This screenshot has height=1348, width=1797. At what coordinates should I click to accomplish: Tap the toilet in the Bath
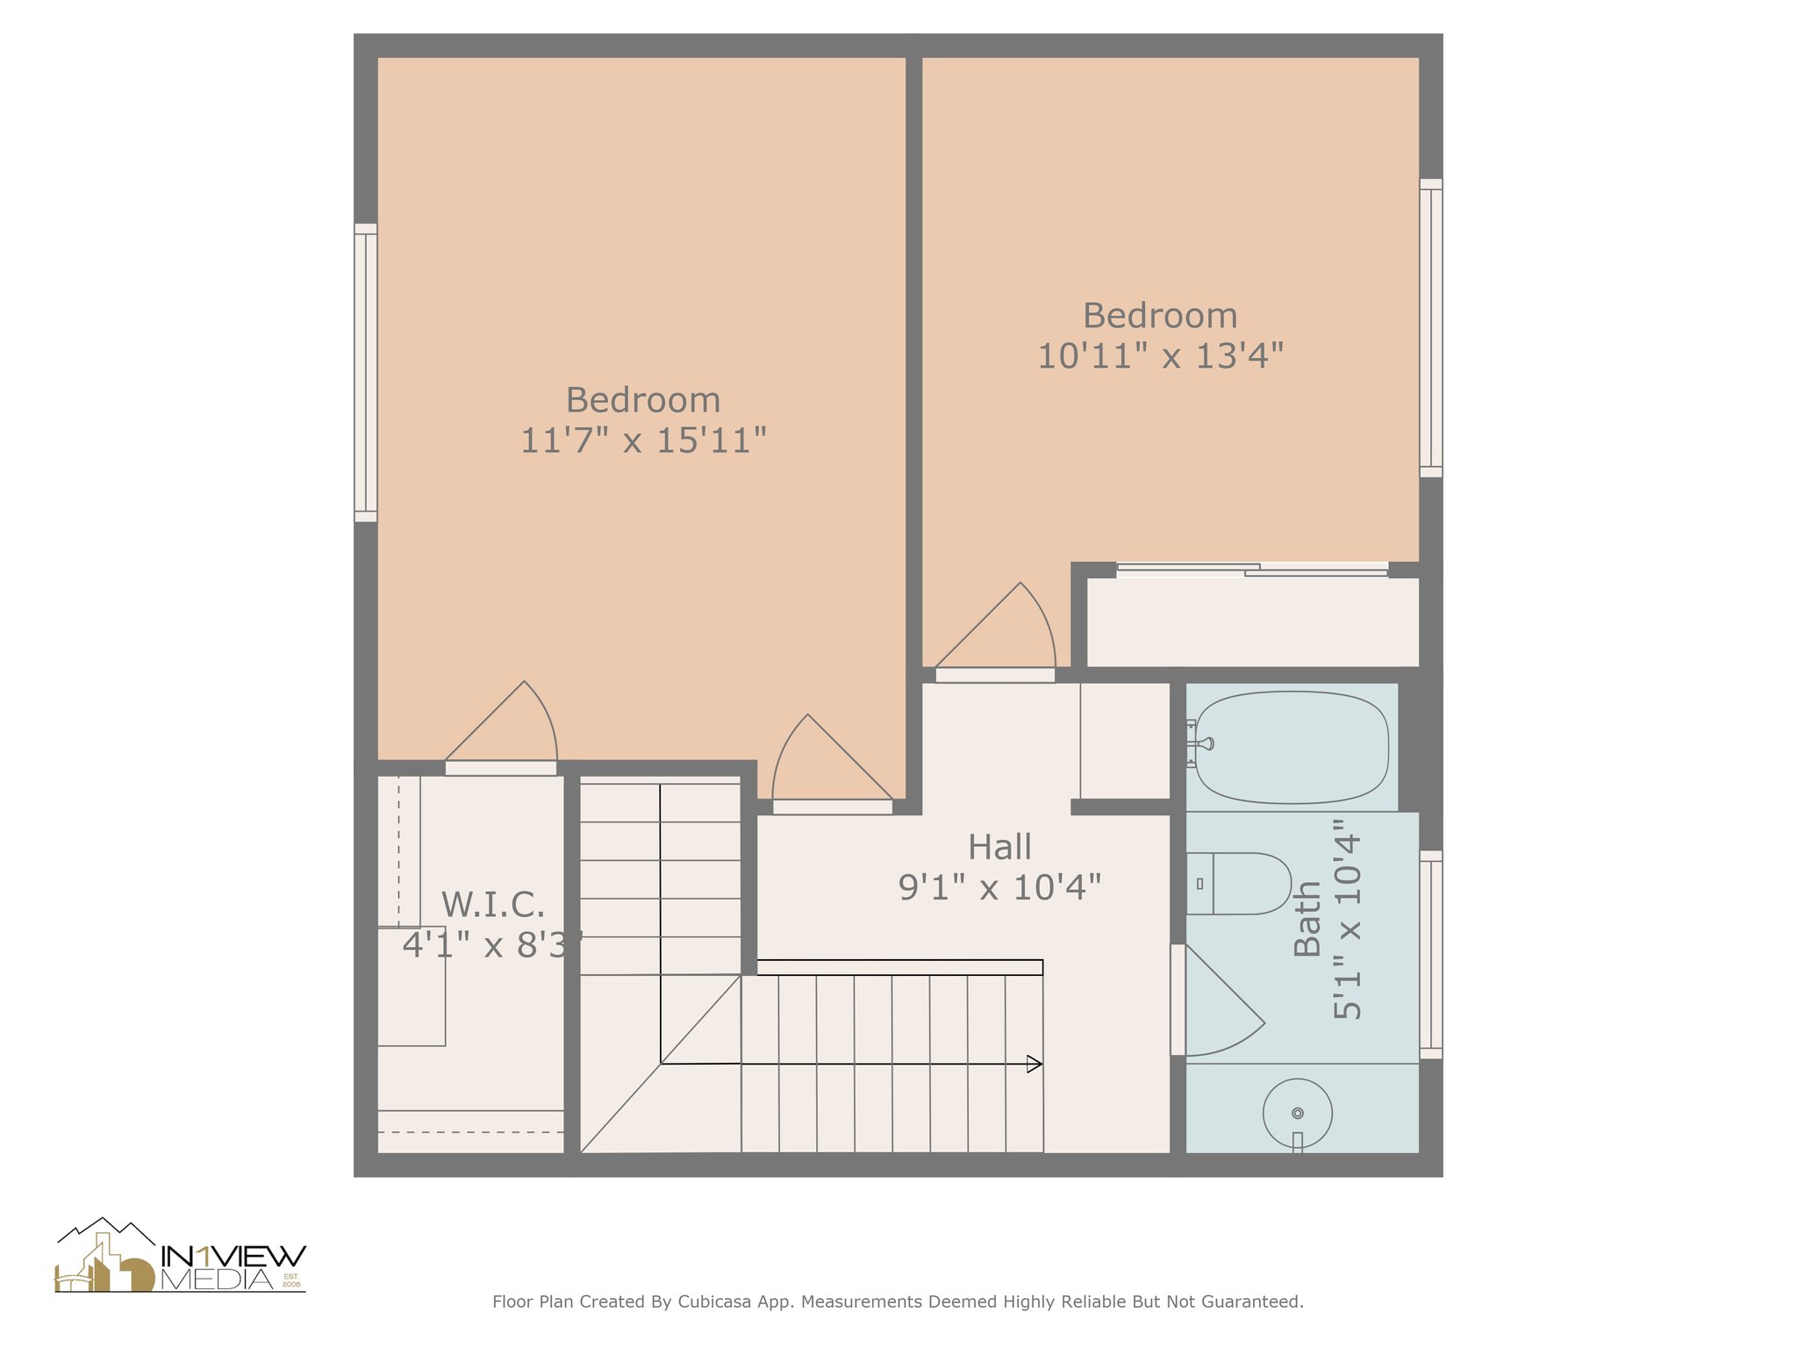coord(1239,883)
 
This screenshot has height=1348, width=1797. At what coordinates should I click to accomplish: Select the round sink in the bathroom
coord(1297,1112)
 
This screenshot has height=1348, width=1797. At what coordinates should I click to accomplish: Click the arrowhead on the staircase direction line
coord(1035,1064)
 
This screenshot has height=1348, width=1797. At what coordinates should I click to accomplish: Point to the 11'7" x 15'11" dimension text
coord(643,441)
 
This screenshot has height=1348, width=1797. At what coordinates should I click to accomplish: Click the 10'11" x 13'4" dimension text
coord(1160,356)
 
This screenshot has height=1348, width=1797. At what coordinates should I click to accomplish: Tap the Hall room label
coord(999,848)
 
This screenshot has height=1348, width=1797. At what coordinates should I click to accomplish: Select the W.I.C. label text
coord(492,905)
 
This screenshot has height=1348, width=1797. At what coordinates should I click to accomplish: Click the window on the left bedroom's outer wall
coord(366,373)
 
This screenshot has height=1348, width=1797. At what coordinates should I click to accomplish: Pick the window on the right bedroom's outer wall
coord(1430,328)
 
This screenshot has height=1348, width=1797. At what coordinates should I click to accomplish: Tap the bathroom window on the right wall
coord(1430,955)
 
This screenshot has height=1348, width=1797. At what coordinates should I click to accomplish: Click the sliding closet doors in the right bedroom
coord(1252,570)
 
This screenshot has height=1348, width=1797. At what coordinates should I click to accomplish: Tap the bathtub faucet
coord(1200,744)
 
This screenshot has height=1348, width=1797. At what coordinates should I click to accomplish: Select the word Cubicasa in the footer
coord(713,1301)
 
